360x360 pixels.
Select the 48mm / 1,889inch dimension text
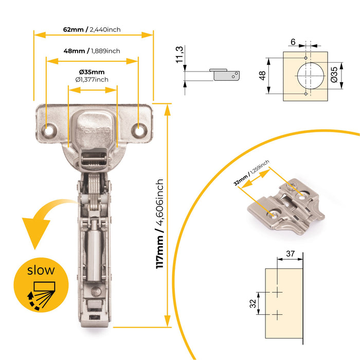coord(92,51)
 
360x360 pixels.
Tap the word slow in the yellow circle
coord(41,270)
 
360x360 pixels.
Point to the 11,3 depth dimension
coord(179,55)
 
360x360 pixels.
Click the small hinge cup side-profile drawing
coord(225,74)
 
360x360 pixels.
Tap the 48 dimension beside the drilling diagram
coord(262,76)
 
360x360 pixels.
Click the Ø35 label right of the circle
coord(334,75)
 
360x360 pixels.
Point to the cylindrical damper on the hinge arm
coord(94,255)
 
